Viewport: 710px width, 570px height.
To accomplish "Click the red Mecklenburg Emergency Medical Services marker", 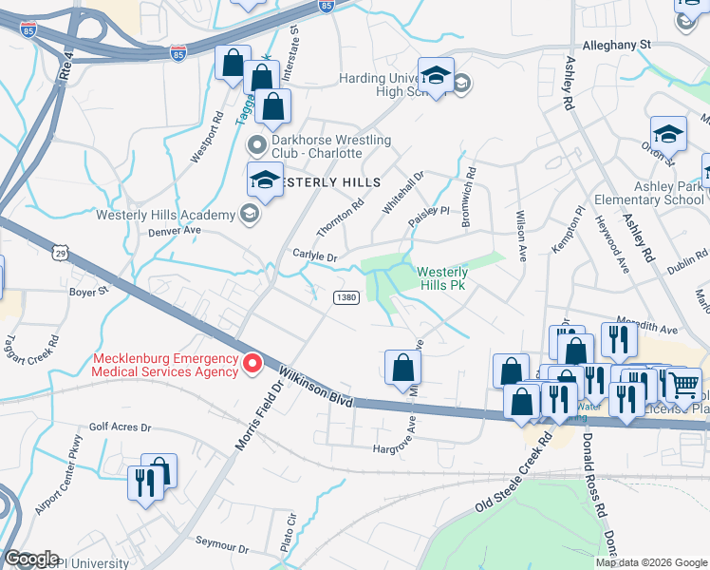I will click(252, 363).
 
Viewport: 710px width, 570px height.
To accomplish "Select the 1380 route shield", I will click(346, 297).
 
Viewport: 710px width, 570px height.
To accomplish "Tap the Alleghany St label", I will click(618, 44).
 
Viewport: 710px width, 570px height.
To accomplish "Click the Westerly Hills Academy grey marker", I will click(249, 214).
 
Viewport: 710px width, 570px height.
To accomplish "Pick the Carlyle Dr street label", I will click(315, 257).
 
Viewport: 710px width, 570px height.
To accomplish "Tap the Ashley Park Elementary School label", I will click(649, 193).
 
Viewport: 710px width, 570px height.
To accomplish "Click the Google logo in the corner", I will click(30, 559).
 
